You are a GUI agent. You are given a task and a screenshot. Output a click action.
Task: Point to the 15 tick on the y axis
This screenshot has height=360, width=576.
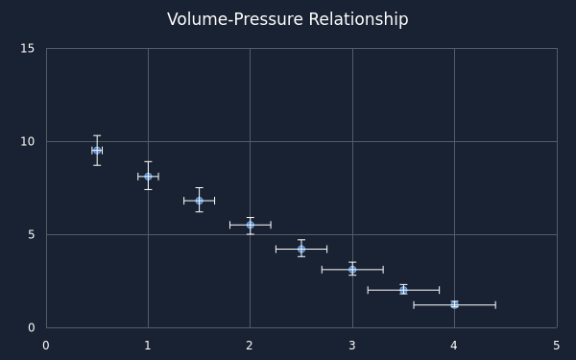(27, 48)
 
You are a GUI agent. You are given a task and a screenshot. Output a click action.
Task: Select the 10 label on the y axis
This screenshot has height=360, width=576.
(27, 141)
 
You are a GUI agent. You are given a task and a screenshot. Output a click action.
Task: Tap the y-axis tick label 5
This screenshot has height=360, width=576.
(31, 234)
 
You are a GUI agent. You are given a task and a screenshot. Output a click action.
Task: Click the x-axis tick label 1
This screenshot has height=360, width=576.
(148, 346)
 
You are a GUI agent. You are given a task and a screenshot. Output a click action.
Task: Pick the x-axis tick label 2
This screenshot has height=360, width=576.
(250, 346)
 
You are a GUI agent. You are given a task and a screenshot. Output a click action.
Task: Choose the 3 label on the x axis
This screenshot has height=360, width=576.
(352, 346)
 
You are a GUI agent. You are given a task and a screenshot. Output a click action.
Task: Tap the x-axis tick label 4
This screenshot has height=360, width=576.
(454, 346)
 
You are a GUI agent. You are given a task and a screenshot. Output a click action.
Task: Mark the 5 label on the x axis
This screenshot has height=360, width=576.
(557, 346)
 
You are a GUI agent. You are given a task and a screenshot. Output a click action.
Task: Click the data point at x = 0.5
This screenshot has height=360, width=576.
(97, 151)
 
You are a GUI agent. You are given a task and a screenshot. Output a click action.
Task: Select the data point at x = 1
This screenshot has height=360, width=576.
(148, 177)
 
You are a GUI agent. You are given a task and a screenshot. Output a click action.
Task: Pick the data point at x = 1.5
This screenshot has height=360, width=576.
(199, 201)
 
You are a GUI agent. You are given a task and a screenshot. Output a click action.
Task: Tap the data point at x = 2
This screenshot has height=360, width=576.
(251, 225)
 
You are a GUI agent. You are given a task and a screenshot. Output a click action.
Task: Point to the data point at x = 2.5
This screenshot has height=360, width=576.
(301, 249)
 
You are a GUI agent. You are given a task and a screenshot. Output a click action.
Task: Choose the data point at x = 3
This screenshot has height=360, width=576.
(352, 270)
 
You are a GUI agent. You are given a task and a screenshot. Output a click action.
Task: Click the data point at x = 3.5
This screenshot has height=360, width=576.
(403, 290)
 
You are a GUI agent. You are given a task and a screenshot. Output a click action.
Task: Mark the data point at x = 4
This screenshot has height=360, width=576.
(454, 304)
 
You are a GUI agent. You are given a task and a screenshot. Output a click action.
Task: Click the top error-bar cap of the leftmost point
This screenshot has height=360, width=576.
(97, 135)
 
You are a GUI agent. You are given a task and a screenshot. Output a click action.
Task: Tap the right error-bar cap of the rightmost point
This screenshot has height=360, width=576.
(495, 304)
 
